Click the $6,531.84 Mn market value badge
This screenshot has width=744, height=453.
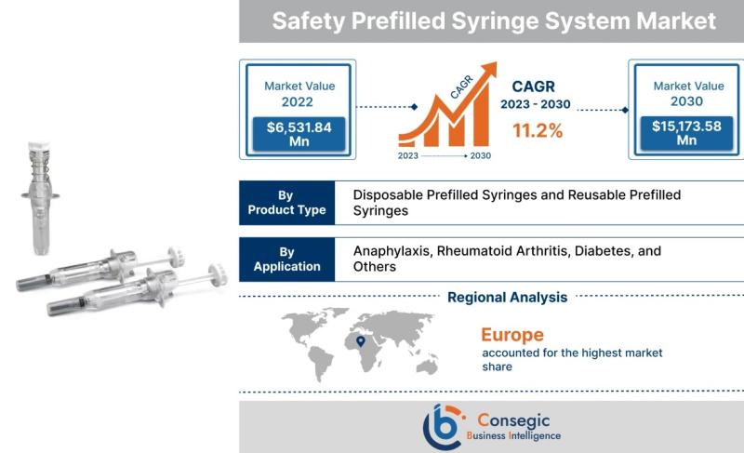(299, 134)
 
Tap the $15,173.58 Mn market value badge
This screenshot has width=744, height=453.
(686, 133)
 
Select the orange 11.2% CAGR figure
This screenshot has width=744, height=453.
(538, 130)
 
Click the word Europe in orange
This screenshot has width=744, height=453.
(512, 335)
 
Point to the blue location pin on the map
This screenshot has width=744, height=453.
(361, 341)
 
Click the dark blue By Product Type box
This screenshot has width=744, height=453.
(287, 203)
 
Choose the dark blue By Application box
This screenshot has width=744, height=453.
(287, 259)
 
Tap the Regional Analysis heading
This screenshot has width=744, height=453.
(508, 298)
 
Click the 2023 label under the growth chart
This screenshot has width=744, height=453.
(408, 155)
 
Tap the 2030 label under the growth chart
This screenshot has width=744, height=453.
(481, 155)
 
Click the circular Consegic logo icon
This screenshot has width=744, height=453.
(443, 427)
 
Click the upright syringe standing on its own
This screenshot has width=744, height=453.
(40, 198)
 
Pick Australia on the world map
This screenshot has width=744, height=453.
(427, 366)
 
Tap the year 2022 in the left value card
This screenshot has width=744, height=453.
(298, 102)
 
